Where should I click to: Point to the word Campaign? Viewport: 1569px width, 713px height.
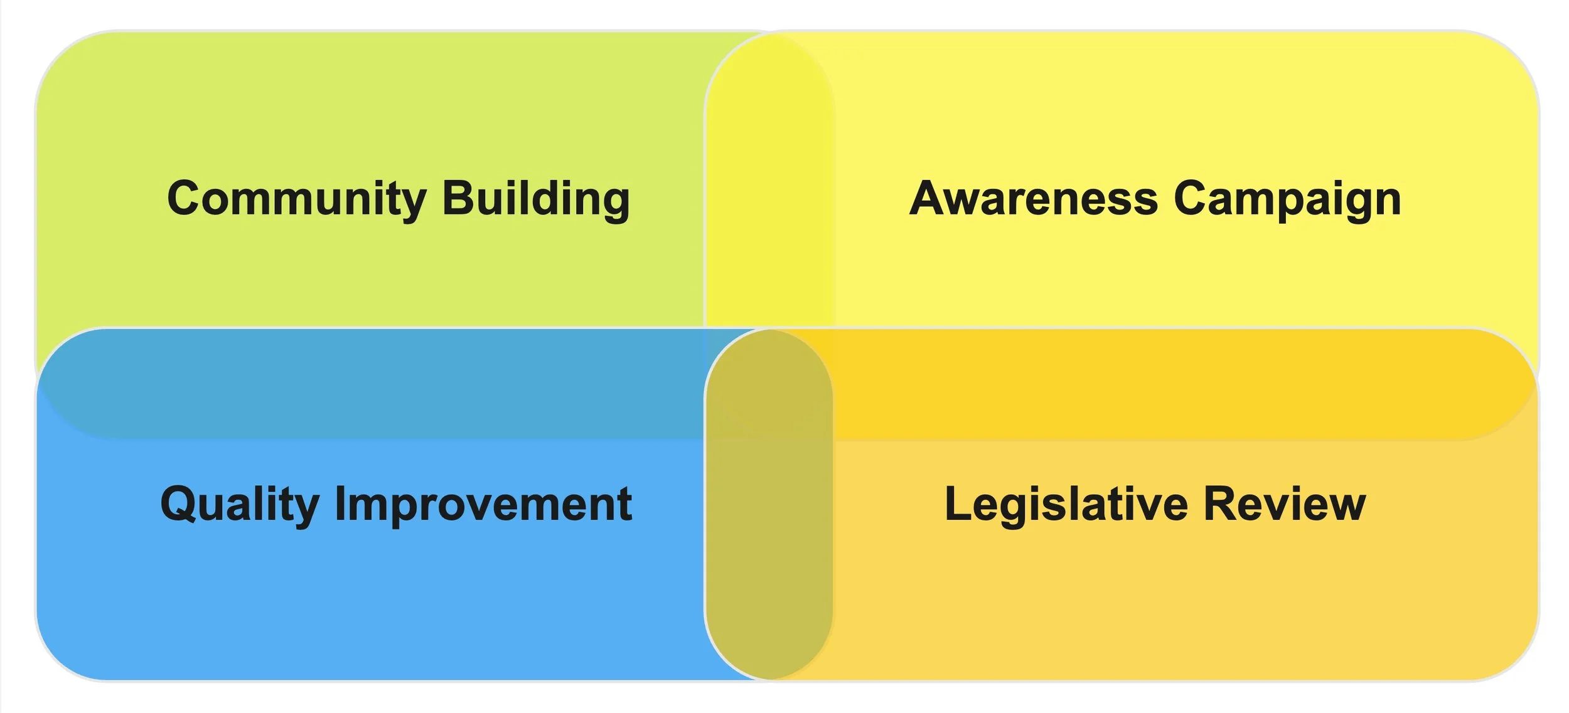1287,199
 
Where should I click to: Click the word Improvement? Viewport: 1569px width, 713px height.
483,504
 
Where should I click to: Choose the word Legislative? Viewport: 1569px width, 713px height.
1066,504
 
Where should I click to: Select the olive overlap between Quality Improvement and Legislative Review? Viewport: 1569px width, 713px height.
769,552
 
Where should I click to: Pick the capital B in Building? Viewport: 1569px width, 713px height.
458,198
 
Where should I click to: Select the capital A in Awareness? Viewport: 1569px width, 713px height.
929,198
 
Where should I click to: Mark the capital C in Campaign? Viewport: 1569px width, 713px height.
1192,198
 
